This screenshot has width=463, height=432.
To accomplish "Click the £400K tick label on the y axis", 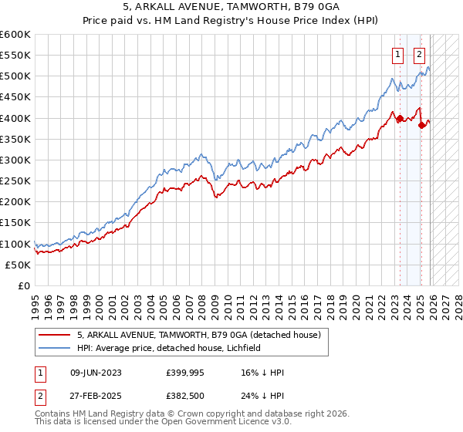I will tap(15, 118).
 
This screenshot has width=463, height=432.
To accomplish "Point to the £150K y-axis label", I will tap(15, 223).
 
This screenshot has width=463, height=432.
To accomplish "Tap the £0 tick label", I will tap(24, 286).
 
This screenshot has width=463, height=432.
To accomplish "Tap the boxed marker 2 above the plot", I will tap(419, 55).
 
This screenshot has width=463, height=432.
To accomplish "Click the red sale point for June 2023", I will tap(400, 118).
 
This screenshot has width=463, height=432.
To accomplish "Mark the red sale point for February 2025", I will tap(421, 125).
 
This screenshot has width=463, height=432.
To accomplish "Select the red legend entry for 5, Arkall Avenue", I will tap(204, 335).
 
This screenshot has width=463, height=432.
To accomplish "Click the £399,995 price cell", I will tap(185, 373).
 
